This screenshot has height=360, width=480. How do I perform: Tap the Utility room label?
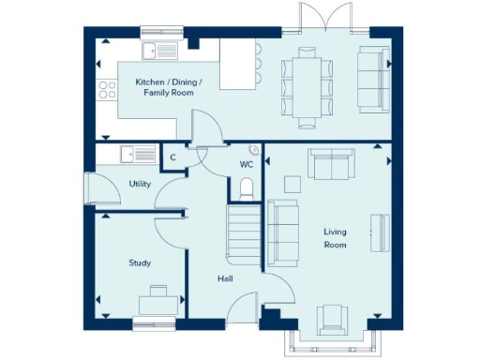click(x=140, y=184)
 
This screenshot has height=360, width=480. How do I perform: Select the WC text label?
click(x=247, y=164)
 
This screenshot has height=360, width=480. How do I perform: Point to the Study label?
click(x=140, y=262)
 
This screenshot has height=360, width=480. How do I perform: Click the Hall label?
click(x=225, y=278)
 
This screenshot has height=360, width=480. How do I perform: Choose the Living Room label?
click(x=335, y=238)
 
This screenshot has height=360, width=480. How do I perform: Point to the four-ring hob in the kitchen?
click(x=107, y=91)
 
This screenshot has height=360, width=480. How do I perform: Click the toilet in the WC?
click(x=247, y=191)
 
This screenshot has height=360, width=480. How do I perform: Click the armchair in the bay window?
click(x=333, y=321)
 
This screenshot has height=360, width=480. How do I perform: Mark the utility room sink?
click(x=133, y=156)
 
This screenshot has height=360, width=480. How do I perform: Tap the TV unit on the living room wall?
click(x=379, y=232)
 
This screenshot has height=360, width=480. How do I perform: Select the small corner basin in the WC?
click(x=255, y=150)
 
